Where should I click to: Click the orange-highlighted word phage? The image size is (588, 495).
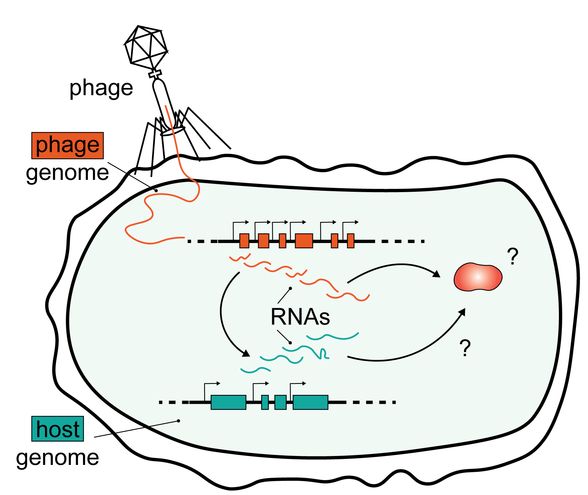point(67,145)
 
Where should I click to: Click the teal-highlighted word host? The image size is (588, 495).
point(58,429)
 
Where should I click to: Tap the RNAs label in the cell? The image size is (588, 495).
point(300,317)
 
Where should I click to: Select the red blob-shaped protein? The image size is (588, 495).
point(478,277)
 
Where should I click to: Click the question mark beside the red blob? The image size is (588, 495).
point(513,257)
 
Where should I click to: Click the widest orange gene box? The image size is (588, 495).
point(304,241)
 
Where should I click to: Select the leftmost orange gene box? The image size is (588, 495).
point(244,241)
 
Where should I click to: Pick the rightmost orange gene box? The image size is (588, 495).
point(351,241)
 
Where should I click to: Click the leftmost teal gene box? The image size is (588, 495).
point(228,402)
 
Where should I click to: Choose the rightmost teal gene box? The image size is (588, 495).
point(310,402)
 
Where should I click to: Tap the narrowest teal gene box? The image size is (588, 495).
point(265,402)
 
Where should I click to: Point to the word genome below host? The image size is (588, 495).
point(58,458)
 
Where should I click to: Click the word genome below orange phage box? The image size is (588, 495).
point(67,173)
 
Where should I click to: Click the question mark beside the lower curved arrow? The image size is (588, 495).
point(465,348)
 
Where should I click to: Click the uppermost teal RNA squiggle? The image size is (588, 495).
point(332,337)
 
